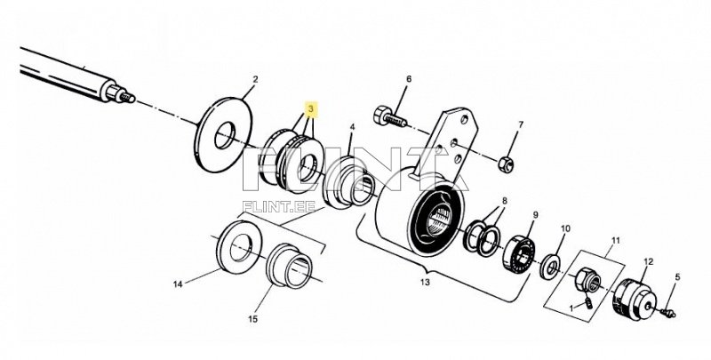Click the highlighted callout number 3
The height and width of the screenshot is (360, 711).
pos(310,109)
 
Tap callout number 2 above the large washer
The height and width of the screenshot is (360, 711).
pos(255,79)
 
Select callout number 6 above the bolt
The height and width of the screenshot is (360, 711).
pos(409,79)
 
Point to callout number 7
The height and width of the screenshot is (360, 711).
pos(521,124)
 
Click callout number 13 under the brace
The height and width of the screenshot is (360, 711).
pos(425,283)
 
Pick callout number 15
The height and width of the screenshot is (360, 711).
pos(253,319)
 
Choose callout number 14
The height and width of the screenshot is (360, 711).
pos(178,284)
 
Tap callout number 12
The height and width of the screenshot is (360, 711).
pos(649,261)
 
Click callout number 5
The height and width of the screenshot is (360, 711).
pos(677,277)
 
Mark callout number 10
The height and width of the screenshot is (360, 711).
pos(565,229)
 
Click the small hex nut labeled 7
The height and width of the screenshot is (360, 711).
pos(505,164)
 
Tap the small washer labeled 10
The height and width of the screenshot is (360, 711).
pos(550,267)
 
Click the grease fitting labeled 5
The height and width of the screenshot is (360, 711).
pos(669,313)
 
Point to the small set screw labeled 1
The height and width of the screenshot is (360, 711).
pos(587,302)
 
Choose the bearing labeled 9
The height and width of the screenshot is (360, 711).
pos(519,253)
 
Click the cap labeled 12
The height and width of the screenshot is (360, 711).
pos(634,300)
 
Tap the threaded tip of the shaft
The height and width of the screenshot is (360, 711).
pos(127,97)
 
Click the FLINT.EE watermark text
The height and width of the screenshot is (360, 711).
pos(278,207)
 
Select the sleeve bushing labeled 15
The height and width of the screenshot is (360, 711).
pos(290,266)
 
